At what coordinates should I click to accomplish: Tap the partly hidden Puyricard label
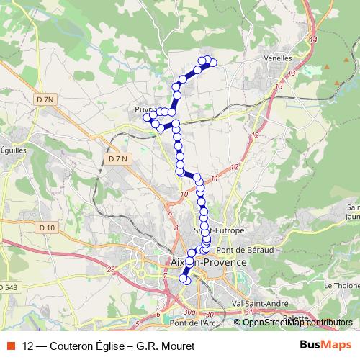(x=140, y=109)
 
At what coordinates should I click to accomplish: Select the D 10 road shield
(x=48, y=228)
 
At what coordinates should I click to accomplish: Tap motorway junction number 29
(x=111, y=269)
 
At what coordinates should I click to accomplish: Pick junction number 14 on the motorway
(x=312, y=41)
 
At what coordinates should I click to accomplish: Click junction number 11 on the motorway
(x=215, y=178)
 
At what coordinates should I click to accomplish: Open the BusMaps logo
(x=327, y=343)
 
